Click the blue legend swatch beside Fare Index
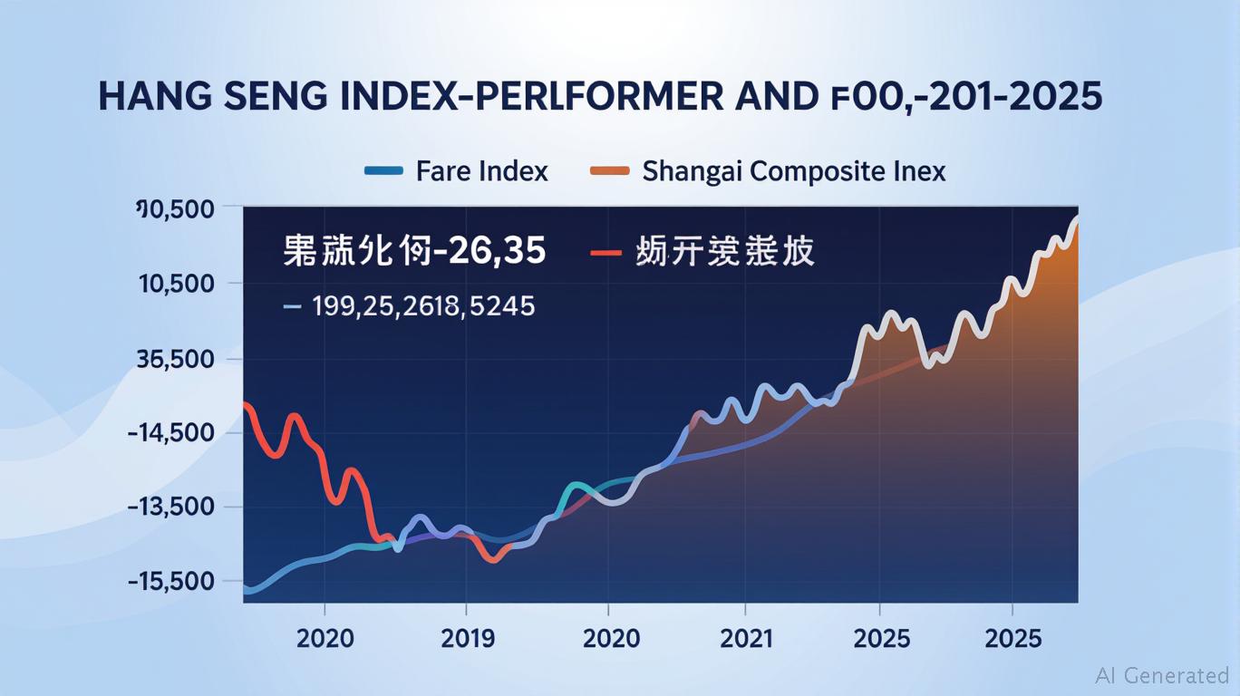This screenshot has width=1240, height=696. [383, 170]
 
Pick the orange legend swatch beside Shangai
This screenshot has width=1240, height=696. [609, 170]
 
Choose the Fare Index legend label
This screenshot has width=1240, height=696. [482, 170]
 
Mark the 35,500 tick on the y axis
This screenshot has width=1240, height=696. [174, 359]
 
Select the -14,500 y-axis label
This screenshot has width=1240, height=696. [171, 433]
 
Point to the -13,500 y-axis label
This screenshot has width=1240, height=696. [171, 507]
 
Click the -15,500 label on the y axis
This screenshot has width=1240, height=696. [171, 581]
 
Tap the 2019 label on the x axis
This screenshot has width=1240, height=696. [467, 638]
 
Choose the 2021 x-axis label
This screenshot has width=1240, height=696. [746, 638]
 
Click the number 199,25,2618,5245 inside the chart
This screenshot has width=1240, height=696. [423, 306]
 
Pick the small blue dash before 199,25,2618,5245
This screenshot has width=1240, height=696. [292, 307]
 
